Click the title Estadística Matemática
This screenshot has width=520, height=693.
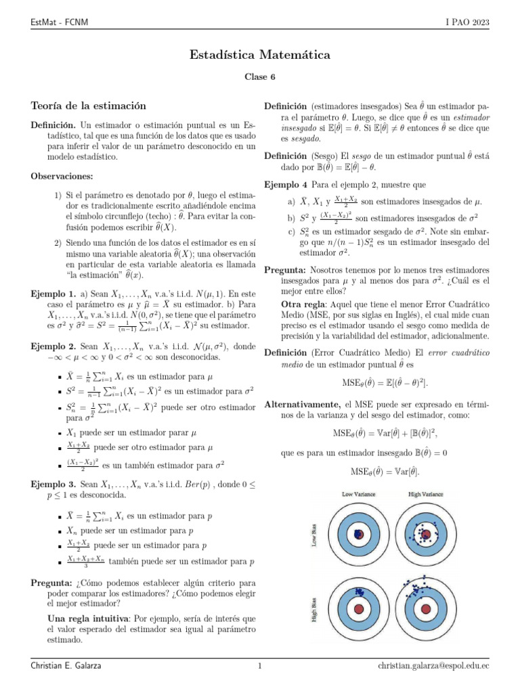pos(260,53)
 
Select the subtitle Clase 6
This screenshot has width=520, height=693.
pos(260,77)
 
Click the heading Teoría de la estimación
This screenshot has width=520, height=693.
pos(89,106)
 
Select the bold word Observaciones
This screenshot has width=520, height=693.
pos(62,176)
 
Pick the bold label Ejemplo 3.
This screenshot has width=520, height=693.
pos(53,485)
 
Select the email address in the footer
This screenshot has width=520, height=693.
pos(433,666)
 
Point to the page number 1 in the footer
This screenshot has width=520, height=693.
pos(259,666)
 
